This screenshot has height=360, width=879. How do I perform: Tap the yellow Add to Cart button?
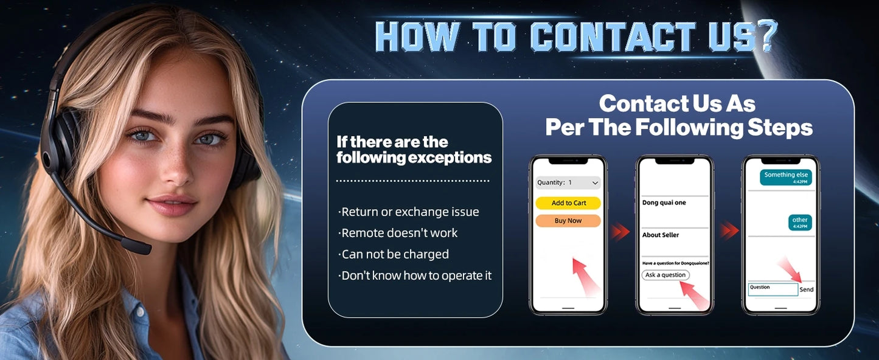tap(568, 202)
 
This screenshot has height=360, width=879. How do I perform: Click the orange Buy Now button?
tap(568, 220)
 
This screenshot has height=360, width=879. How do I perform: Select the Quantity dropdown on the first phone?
tap(568, 182)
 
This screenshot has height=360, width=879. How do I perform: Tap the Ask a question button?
tap(665, 275)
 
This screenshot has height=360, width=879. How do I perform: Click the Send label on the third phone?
tap(807, 289)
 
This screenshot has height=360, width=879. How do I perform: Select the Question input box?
tap(773, 289)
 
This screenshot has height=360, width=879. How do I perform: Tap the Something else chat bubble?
tap(785, 177)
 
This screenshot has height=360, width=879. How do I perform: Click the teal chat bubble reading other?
tap(800, 223)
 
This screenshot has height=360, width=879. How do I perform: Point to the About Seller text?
tap(661, 235)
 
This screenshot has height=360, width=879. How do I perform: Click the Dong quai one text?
tap(664, 202)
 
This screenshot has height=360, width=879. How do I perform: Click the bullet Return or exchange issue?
tap(409, 212)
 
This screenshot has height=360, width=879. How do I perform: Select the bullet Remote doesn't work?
tap(397, 233)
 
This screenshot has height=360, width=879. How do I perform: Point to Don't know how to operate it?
tap(415, 275)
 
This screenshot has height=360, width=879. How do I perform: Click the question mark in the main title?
tap(767, 36)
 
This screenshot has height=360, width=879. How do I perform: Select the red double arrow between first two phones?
tap(620, 231)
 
